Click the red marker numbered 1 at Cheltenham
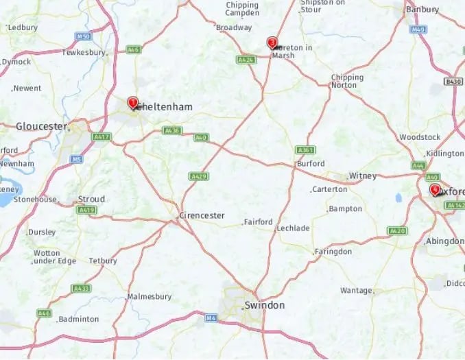click(133, 103)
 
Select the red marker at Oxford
click(434, 189)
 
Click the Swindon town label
click(264, 305)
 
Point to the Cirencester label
click(202, 215)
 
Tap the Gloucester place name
click(42, 126)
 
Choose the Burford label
click(310, 164)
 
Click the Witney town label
click(362, 176)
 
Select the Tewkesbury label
click(84, 52)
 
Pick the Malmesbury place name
click(149, 297)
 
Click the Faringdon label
click(333, 252)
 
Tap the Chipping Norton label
click(347, 82)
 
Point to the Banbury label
click(422, 10)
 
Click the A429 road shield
click(199, 176)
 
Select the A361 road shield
click(305, 149)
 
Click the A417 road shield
click(102, 137)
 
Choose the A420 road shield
click(397, 230)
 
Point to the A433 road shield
click(81, 289)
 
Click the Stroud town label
click(91, 200)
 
